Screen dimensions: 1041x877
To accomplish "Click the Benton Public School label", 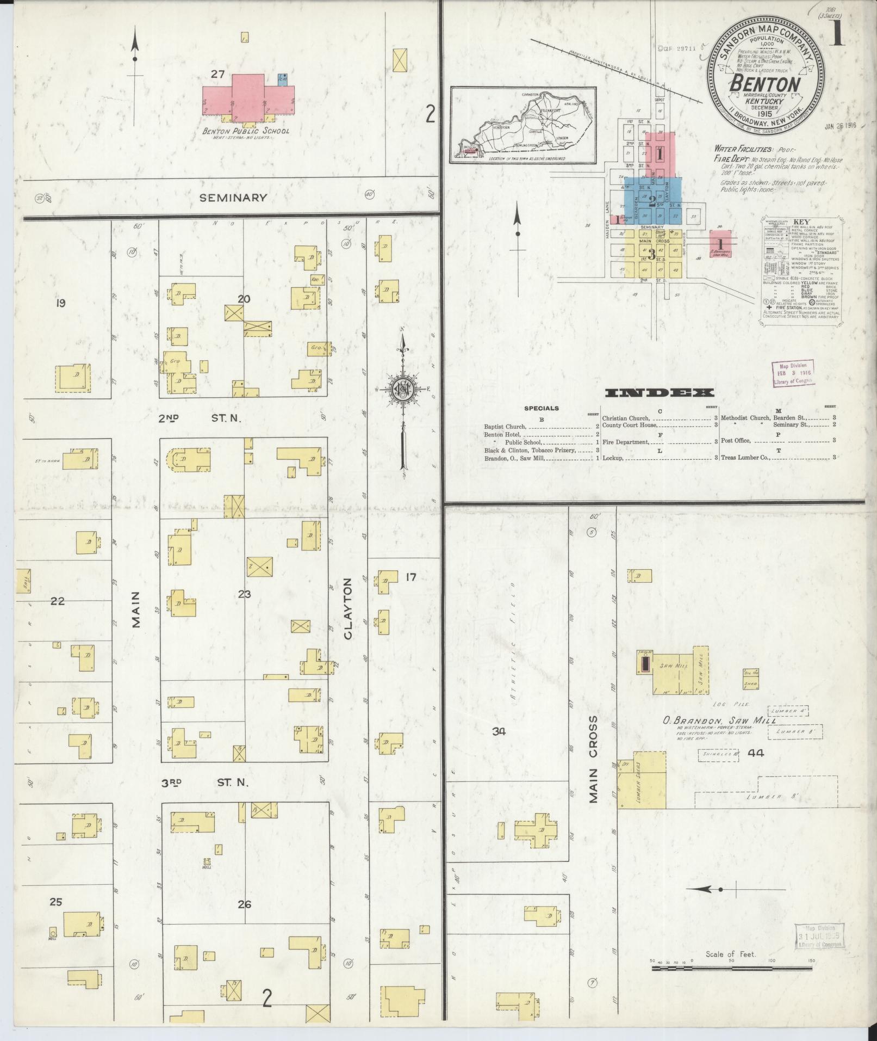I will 246,131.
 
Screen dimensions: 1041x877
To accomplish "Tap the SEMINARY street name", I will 233,198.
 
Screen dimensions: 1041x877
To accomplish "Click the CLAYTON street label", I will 348,608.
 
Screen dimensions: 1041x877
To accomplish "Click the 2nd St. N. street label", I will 199,418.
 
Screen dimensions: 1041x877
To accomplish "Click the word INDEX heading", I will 659,393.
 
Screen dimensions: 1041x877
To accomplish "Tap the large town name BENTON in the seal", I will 766,84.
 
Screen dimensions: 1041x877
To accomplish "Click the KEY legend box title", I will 801,222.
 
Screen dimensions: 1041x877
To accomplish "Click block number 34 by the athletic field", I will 499,732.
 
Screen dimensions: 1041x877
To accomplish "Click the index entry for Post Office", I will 736,441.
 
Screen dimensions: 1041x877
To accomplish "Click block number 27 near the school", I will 218,74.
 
